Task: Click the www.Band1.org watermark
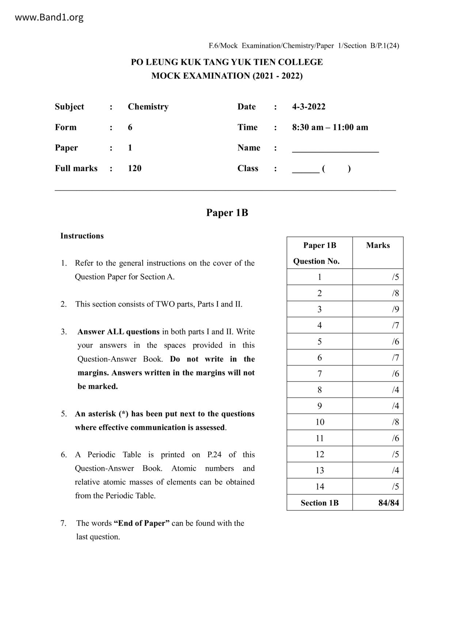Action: pos(49,17)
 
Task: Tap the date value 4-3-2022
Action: pos(309,107)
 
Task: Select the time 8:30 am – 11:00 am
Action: pos(330,127)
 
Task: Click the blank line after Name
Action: pos(335,149)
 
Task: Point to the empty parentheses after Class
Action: pos(336,169)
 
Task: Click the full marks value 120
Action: pos(134,168)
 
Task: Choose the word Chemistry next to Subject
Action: pos(148,107)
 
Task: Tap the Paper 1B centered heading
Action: pos(227,213)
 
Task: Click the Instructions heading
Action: pos(82,236)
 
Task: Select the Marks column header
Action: pos(378,245)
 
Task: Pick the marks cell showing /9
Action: pos(395,309)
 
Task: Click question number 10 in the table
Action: pos(320,422)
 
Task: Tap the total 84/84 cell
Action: pos(389,503)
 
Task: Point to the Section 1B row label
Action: pos(320,503)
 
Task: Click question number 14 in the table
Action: pos(320,486)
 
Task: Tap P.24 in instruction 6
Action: pos(214,455)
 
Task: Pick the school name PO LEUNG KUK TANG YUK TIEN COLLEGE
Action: pos(227,62)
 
